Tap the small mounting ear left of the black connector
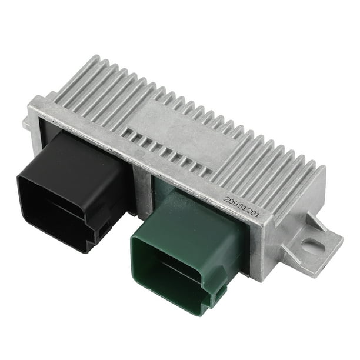click(26, 124)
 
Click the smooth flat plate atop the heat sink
click(176, 121)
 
